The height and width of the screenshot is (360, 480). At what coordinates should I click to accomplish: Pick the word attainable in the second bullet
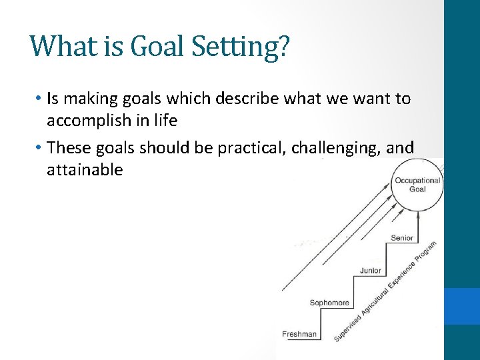pos(85,169)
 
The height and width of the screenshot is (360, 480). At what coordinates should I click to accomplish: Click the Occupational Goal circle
pos(417,185)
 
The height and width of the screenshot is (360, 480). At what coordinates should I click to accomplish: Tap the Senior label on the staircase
pos(402,238)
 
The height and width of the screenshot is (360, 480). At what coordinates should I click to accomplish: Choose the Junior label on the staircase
pos(371,271)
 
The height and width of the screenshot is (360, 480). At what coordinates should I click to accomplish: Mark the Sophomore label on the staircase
pos(329,303)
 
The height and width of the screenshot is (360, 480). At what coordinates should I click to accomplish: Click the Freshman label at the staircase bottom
pos(299,334)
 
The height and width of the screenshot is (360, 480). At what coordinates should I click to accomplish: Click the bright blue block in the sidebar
pos(462,306)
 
